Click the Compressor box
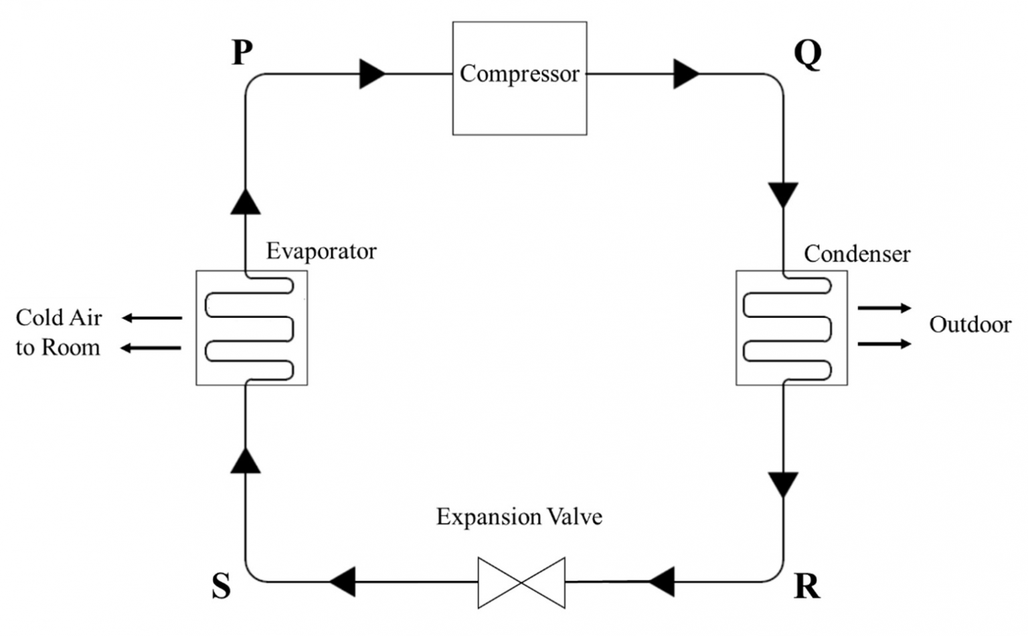pyautogui.click(x=519, y=78)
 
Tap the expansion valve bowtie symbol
pyautogui.click(x=521, y=582)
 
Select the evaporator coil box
pyautogui.click(x=252, y=327)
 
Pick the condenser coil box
pyautogui.click(x=791, y=327)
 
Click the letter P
pyautogui.click(x=242, y=53)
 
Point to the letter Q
pyautogui.click(x=807, y=54)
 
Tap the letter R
pyautogui.click(x=806, y=586)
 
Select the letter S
pyautogui.click(x=222, y=586)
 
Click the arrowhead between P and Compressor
pyautogui.click(x=372, y=74)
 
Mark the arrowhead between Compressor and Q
pyautogui.click(x=686, y=74)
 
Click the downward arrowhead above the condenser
pyautogui.click(x=783, y=195)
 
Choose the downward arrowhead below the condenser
pyautogui.click(x=783, y=484)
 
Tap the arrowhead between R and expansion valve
pyautogui.click(x=662, y=582)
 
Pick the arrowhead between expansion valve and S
pyautogui.click(x=343, y=582)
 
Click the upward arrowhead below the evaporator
pyautogui.click(x=246, y=461)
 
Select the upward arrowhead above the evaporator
pyautogui.click(x=246, y=202)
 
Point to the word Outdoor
pyautogui.click(x=970, y=325)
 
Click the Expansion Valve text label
pyautogui.click(x=519, y=517)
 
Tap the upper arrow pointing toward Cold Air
pyautogui.click(x=151, y=318)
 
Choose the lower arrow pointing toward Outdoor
pyautogui.click(x=884, y=344)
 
